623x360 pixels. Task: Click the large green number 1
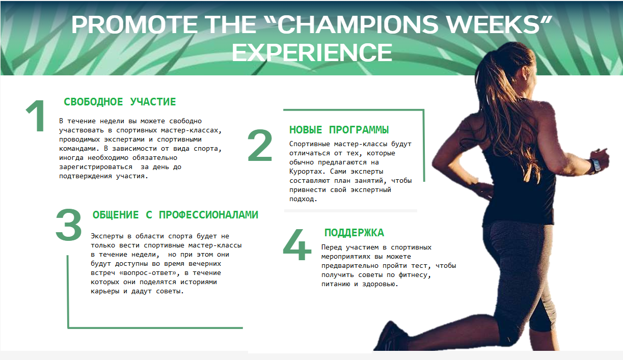pyautogui.click(x=36, y=116)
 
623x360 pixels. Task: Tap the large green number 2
pyautogui.click(x=260, y=145)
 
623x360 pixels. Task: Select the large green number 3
pyautogui.click(x=68, y=225)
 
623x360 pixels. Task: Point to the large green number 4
pyautogui.click(x=297, y=244)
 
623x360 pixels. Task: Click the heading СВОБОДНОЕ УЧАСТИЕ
pyautogui.click(x=120, y=102)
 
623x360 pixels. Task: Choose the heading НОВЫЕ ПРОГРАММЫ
pyautogui.click(x=339, y=130)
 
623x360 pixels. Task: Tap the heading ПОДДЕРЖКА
pyautogui.click(x=354, y=233)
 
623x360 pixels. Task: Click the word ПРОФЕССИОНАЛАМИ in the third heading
pyautogui.click(x=208, y=215)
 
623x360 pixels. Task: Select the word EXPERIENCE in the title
pyautogui.click(x=312, y=52)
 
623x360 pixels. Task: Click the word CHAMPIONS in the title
pyautogui.click(x=358, y=25)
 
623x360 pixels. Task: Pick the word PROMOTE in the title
pyautogui.click(x=135, y=25)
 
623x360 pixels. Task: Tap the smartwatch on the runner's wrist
pyautogui.click(x=595, y=165)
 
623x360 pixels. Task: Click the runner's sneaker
pyautogui.click(x=389, y=337)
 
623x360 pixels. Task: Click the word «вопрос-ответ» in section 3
pyautogui.click(x=149, y=273)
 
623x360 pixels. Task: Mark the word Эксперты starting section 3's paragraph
pyautogui.click(x=107, y=236)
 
